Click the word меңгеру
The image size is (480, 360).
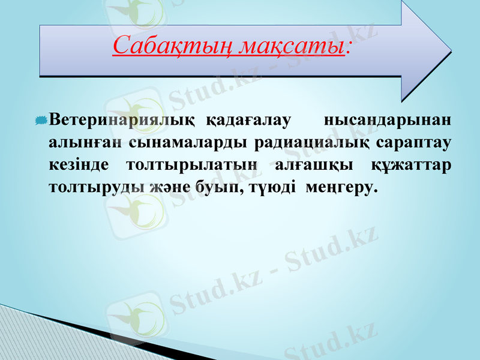341,187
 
